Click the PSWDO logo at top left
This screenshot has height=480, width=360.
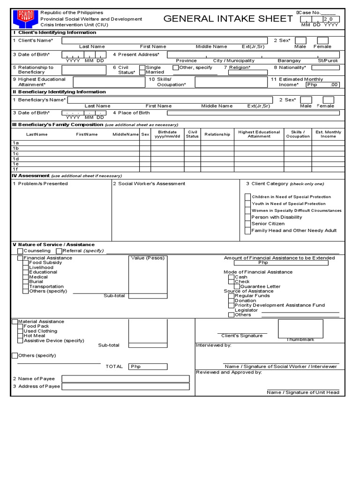(x=24, y=18)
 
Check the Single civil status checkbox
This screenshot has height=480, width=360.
(x=142, y=67)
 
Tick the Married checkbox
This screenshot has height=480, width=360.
(x=142, y=73)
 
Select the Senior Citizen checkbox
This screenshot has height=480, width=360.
(x=247, y=224)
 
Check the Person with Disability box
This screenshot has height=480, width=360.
(x=247, y=217)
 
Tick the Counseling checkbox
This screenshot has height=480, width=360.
(x=20, y=251)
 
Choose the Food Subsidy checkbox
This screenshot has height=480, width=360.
(x=26, y=263)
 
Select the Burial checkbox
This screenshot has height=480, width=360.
(x=26, y=282)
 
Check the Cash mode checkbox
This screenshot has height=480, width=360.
(x=231, y=277)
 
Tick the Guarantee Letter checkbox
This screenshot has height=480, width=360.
(x=237, y=286)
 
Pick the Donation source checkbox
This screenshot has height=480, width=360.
(x=231, y=300)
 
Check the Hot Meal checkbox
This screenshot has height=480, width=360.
(x=20, y=336)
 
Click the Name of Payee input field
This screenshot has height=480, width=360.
(x=125, y=379)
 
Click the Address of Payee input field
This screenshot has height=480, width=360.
(x=125, y=387)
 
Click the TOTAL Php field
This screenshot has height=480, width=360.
(x=148, y=367)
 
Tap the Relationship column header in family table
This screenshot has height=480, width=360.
(x=217, y=135)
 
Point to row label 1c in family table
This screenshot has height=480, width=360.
(x=16, y=154)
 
